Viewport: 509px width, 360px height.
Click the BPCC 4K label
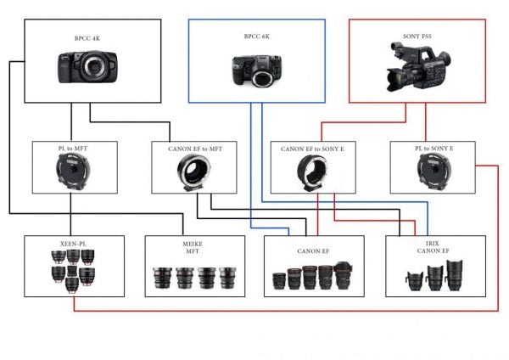(87, 38)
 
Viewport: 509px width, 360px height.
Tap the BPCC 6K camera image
(257, 70)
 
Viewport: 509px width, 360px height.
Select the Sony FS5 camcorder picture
(418, 66)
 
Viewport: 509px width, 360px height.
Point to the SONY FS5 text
(417, 36)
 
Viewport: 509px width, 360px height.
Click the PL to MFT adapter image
(73, 172)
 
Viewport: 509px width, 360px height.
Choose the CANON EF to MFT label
(195, 149)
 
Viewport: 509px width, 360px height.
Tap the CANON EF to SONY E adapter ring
(312, 172)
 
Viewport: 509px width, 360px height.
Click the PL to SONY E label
(434, 148)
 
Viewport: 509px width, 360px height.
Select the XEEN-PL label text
(73, 244)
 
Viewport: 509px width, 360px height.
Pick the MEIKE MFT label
(193, 247)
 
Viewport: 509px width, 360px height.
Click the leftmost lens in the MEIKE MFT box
(163, 278)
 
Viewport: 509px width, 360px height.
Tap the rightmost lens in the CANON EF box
(344, 276)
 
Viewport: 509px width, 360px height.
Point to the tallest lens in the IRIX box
(454, 275)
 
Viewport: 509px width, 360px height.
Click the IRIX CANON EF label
(433, 247)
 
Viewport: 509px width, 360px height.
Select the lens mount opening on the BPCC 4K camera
(94, 66)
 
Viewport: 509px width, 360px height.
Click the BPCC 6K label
(257, 37)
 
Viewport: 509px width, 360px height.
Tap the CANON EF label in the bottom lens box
(313, 251)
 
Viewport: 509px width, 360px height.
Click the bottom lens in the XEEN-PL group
(72, 285)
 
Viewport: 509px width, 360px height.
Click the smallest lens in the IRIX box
(415, 281)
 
